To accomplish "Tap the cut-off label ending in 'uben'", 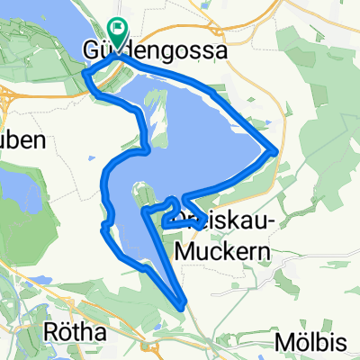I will [17, 140].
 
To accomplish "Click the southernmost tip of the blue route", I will [184, 305].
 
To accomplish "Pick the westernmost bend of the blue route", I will [99, 229].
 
